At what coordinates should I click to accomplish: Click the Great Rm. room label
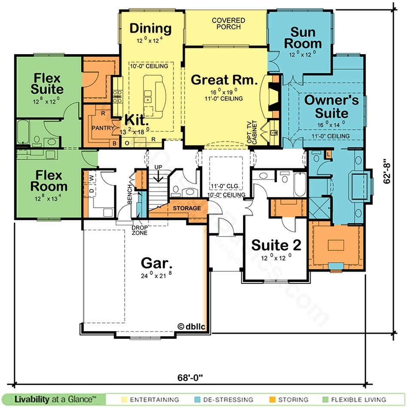(224, 80)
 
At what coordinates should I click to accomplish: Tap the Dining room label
(151, 29)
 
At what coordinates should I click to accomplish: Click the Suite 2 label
(276, 245)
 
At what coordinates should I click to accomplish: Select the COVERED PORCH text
(228, 24)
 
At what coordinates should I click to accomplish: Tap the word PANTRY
(103, 128)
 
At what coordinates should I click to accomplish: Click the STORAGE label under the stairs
(187, 208)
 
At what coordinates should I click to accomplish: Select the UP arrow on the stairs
(158, 174)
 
